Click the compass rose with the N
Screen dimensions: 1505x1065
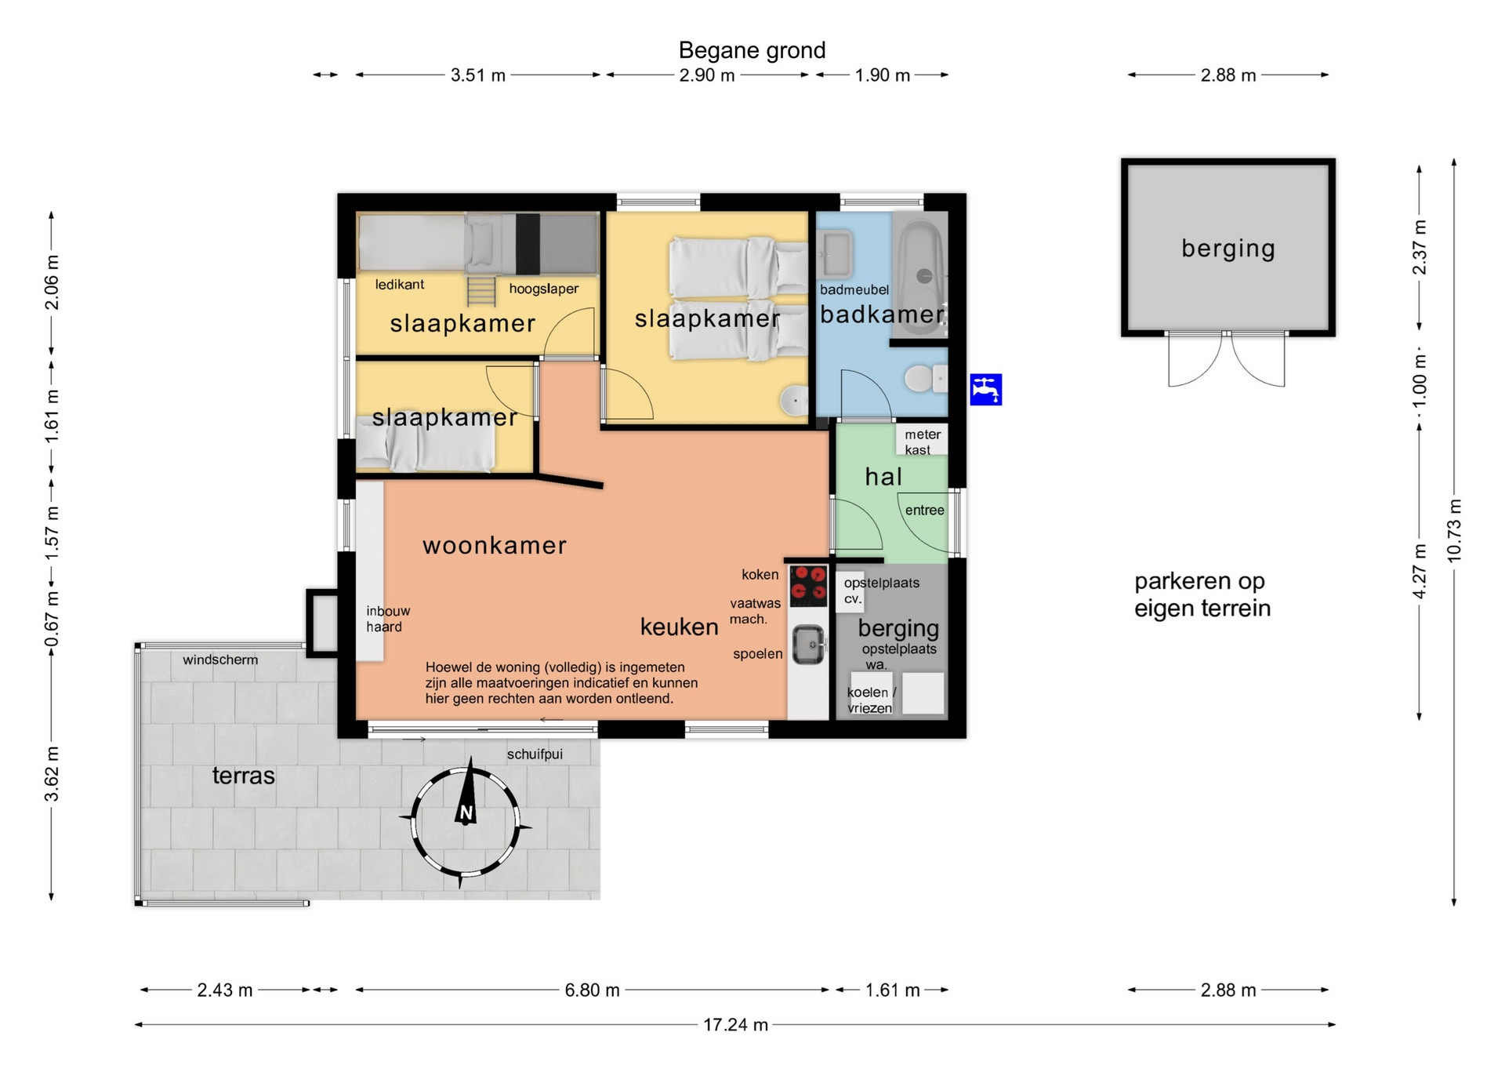[x=466, y=823]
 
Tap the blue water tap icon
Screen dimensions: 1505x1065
[x=985, y=390]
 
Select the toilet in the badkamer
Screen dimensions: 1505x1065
[x=925, y=380]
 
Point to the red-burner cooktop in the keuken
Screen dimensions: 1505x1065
[x=808, y=585]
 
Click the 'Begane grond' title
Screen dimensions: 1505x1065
[x=752, y=50]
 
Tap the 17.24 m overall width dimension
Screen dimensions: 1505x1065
[x=735, y=1024]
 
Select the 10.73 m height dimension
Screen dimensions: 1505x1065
[x=1454, y=530]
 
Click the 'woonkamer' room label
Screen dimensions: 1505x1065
[x=495, y=545]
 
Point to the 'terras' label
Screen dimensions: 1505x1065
[x=244, y=776]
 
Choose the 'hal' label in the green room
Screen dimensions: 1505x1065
[x=883, y=476]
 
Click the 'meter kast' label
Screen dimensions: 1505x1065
[x=922, y=442]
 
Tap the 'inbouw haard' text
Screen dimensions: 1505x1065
[x=388, y=619]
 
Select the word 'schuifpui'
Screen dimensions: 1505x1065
[x=535, y=754]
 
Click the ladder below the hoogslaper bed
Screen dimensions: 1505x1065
[x=481, y=289]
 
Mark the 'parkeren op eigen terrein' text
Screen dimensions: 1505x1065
[x=1201, y=594]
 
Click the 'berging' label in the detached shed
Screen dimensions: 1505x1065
[x=1228, y=249]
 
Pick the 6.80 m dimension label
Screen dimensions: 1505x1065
[x=592, y=990]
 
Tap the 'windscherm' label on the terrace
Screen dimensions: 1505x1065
[x=220, y=660]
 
